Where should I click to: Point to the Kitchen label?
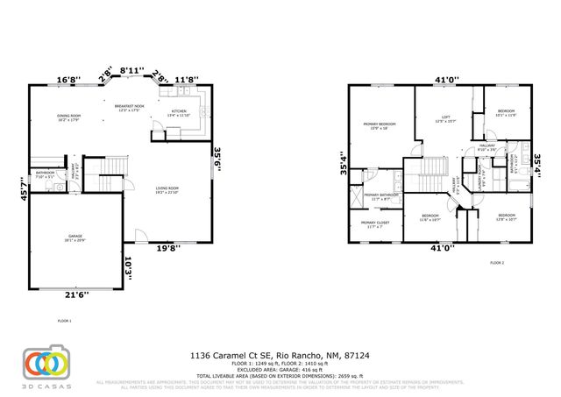[x=179, y=112]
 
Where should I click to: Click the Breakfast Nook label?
[x=128, y=107]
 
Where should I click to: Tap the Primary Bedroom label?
[x=380, y=124]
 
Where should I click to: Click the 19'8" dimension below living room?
[x=168, y=248]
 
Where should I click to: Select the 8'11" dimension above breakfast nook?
[x=132, y=69]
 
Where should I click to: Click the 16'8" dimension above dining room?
[x=67, y=79]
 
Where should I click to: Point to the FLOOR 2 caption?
[x=497, y=263]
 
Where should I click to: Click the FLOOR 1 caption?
[x=63, y=321]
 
